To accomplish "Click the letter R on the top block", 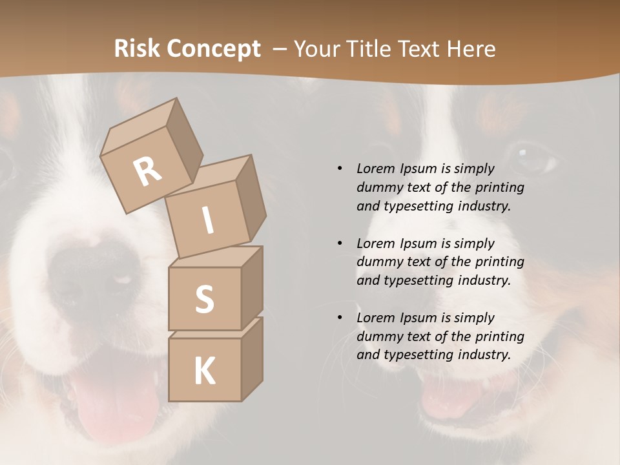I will click(x=148, y=172).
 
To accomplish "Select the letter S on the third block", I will click(x=205, y=299).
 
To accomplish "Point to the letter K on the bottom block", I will click(x=205, y=371).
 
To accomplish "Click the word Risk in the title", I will click(x=136, y=49).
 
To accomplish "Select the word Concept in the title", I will click(x=213, y=49).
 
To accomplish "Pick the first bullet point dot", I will click(x=340, y=169).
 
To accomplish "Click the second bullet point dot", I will click(x=340, y=243).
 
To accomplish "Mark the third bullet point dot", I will click(x=340, y=318).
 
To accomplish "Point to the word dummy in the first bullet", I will click(x=377, y=187).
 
